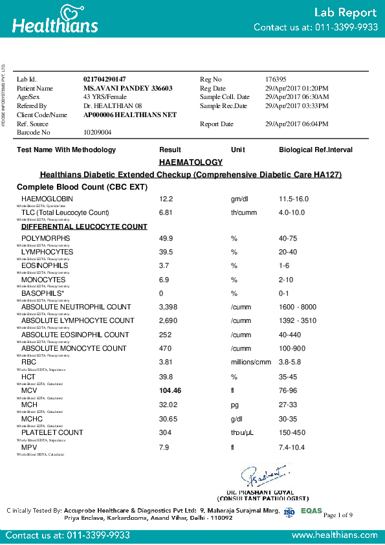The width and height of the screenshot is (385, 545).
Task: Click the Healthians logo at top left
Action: click(x=55, y=19)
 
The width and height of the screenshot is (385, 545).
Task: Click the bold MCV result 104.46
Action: click(x=171, y=391)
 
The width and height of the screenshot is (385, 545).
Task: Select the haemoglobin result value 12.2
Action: click(x=166, y=198)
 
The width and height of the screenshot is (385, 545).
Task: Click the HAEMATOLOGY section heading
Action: click(x=190, y=162)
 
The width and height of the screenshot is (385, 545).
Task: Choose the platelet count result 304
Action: click(x=166, y=432)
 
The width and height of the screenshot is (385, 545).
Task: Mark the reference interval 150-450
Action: click(x=291, y=432)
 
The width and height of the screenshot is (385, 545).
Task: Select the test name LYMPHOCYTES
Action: click(x=47, y=252)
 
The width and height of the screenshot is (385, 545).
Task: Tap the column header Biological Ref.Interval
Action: click(x=316, y=150)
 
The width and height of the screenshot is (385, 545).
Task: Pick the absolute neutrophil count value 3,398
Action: click(x=169, y=307)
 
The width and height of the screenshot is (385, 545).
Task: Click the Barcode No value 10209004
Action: click(x=98, y=132)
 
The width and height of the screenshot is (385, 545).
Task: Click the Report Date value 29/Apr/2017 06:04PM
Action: click(x=296, y=124)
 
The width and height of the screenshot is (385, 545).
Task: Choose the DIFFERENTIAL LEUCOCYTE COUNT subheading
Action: click(x=84, y=227)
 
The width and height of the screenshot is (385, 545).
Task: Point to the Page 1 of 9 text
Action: click(x=337, y=515)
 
